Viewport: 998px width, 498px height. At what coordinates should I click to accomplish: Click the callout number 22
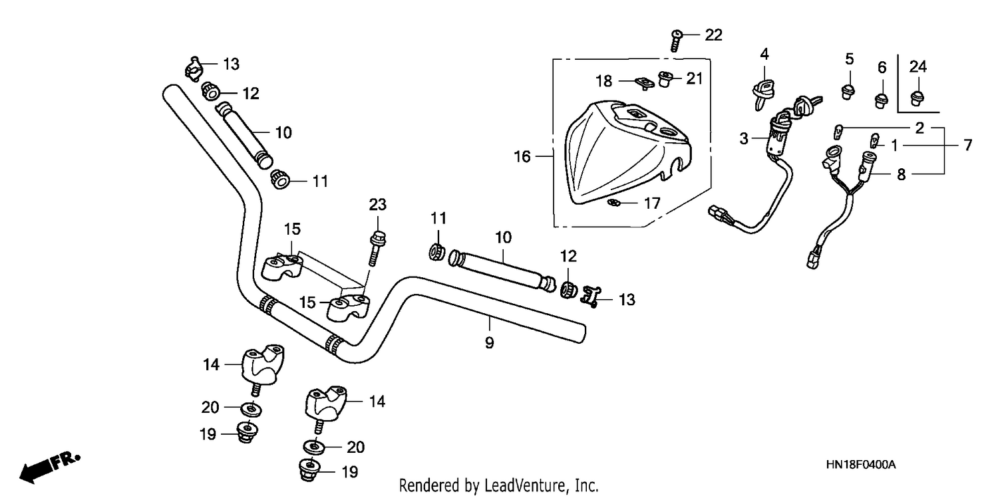pyautogui.click(x=713, y=35)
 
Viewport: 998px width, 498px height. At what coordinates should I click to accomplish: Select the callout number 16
pyautogui.click(x=522, y=156)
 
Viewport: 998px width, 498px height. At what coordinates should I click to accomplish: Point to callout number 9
pyautogui.click(x=489, y=342)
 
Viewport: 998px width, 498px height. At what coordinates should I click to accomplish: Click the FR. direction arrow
pyautogui.click(x=50, y=467)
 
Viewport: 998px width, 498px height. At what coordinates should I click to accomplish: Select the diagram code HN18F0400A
pyautogui.click(x=861, y=465)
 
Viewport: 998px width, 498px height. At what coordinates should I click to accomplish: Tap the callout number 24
pyautogui.click(x=917, y=66)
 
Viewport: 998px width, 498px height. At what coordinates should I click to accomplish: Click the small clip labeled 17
pyautogui.click(x=613, y=203)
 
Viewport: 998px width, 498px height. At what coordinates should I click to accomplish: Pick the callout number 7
pyautogui.click(x=967, y=145)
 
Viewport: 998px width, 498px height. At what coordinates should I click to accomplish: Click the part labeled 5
pyautogui.click(x=848, y=92)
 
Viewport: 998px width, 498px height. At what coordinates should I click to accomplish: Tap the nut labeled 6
pyautogui.click(x=882, y=100)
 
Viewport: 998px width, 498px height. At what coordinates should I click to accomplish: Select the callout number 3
pyautogui.click(x=744, y=138)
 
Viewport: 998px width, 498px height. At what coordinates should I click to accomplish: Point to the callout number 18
pyautogui.click(x=603, y=81)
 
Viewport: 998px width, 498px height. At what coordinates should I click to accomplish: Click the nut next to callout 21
pyautogui.click(x=665, y=78)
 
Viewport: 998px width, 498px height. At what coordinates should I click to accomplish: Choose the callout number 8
pyautogui.click(x=901, y=174)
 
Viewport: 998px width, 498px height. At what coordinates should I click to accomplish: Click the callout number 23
pyautogui.click(x=377, y=205)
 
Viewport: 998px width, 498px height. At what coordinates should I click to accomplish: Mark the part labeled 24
pyautogui.click(x=916, y=98)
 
